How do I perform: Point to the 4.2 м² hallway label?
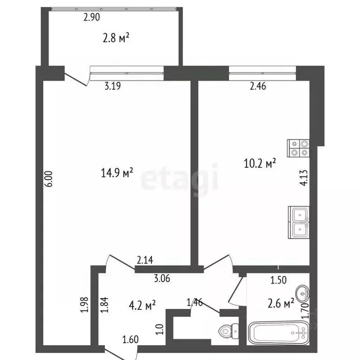[x=142, y=306]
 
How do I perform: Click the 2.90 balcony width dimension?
[x=92, y=18]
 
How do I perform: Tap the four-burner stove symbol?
[x=298, y=148]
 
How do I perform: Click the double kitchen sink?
[x=299, y=222]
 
